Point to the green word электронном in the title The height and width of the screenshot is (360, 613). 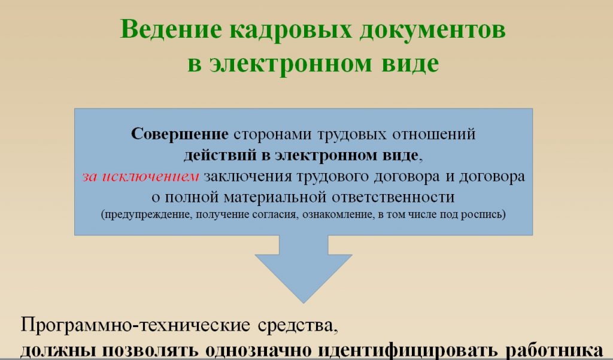(x=291, y=63)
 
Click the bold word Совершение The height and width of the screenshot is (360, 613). (x=180, y=134)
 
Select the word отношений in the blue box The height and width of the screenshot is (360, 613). (x=434, y=134)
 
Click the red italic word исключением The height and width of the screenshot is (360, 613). (x=150, y=177)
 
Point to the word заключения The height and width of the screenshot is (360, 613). (x=248, y=177)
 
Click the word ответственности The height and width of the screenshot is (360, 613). (x=393, y=197)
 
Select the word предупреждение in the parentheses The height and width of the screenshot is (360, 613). (x=147, y=215)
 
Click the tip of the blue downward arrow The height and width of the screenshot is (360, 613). (x=304, y=303)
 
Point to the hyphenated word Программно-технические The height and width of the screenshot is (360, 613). (x=135, y=325)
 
